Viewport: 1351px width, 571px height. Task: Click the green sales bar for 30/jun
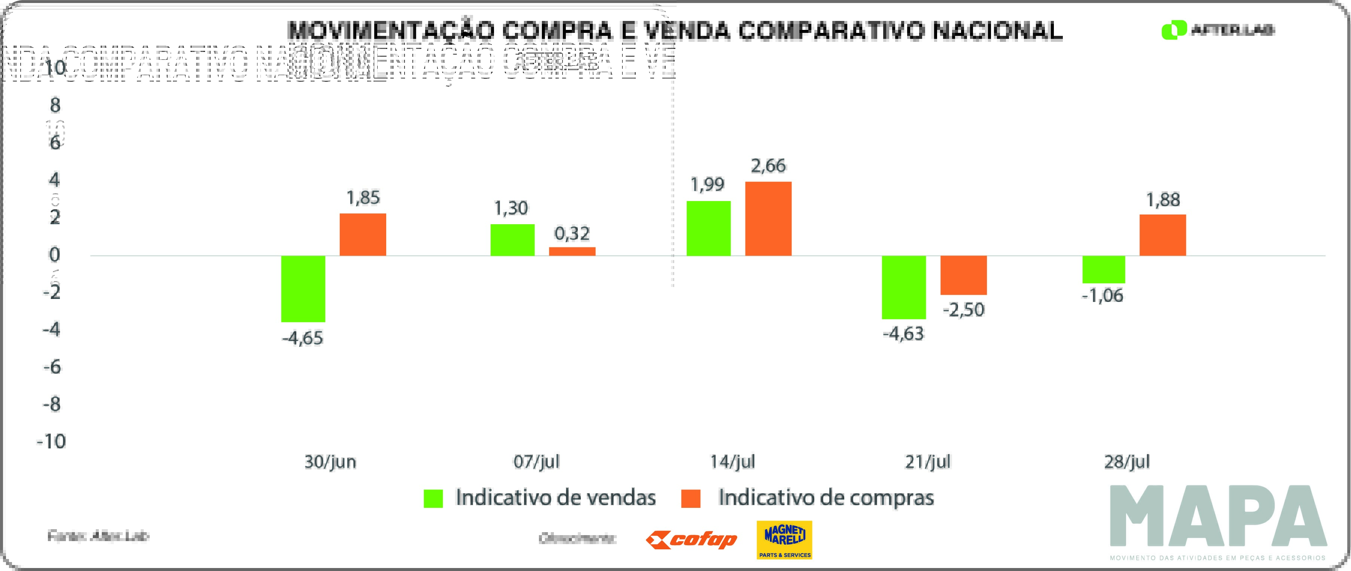pyautogui.click(x=303, y=288)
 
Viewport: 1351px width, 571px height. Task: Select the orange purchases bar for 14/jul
pyautogui.click(x=768, y=219)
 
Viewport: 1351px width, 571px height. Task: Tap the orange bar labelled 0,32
pyautogui.click(x=572, y=251)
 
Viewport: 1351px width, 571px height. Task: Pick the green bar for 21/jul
pyautogui.click(x=904, y=287)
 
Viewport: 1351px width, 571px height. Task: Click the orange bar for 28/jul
pyautogui.click(x=1163, y=235)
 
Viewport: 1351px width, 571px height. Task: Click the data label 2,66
pyautogui.click(x=768, y=166)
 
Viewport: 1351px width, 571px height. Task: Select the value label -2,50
pyautogui.click(x=963, y=309)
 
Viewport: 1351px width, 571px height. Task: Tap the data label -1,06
pyautogui.click(x=1103, y=296)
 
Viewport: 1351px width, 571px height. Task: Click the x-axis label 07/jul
pyautogui.click(x=536, y=462)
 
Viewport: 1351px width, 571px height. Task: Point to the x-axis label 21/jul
pyautogui.click(x=927, y=462)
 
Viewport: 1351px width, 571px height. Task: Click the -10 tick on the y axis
pyautogui.click(x=51, y=441)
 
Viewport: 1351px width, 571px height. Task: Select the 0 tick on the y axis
pyautogui.click(x=55, y=255)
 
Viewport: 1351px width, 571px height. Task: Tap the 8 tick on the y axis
pyautogui.click(x=55, y=105)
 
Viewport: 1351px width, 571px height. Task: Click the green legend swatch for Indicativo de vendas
pyautogui.click(x=433, y=498)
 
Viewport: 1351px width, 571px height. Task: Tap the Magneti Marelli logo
pyautogui.click(x=784, y=540)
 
